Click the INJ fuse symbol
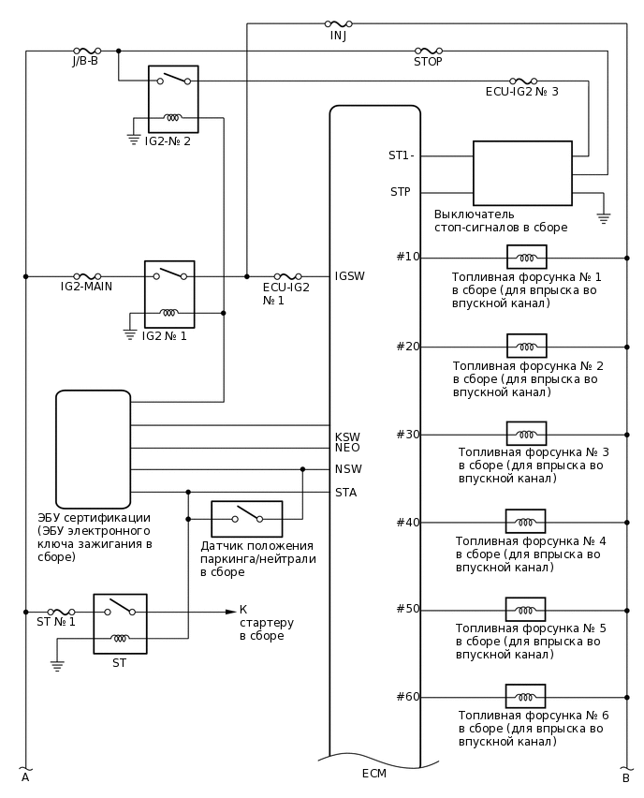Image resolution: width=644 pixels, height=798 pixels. [338, 24]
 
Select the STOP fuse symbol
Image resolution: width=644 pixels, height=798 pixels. [429, 51]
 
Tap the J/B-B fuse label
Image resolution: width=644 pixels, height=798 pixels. [85, 62]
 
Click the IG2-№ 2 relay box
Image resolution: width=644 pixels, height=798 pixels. [173, 99]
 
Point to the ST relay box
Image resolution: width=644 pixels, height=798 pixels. [120, 623]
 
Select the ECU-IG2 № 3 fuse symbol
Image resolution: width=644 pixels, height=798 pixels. [522, 81]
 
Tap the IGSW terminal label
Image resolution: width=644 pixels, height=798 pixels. [349, 276]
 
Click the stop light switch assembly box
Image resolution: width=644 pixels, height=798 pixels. [522, 173]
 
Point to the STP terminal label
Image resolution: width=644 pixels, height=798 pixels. [400, 192]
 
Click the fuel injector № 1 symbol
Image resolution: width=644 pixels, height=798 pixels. [527, 258]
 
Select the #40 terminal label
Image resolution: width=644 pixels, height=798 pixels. [407, 523]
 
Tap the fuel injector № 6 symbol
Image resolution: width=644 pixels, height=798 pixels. [525, 697]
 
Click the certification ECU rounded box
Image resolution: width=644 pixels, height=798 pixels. [93, 449]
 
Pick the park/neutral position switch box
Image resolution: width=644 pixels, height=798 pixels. [246, 518]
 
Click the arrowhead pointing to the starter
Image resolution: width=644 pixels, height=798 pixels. [230, 612]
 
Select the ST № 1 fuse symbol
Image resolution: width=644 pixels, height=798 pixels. [61, 612]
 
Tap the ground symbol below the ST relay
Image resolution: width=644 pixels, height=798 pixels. [57, 667]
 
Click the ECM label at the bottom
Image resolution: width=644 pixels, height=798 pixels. [373, 774]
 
